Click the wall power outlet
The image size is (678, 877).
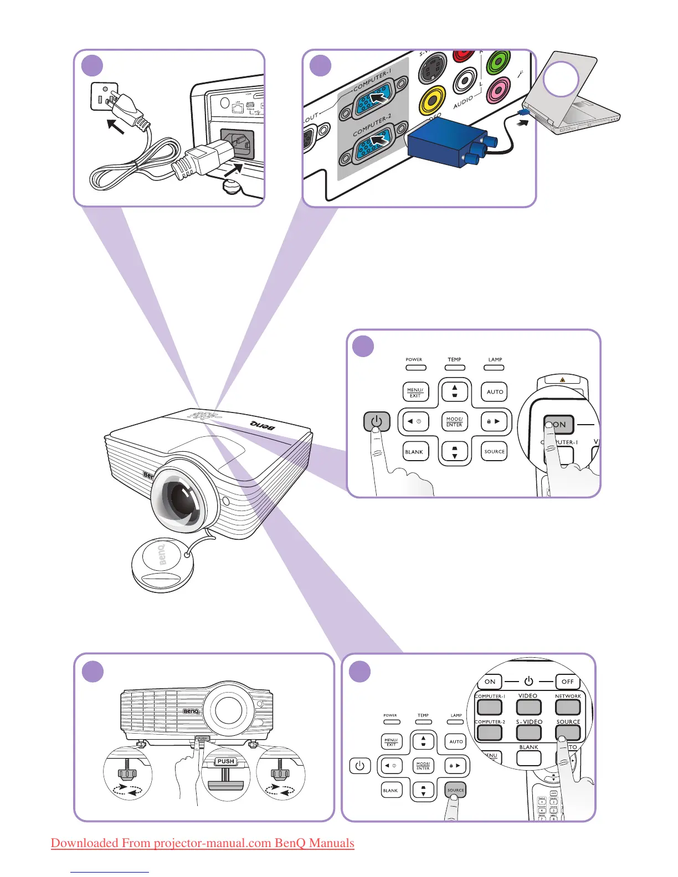click(105, 96)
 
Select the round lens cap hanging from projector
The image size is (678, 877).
click(162, 565)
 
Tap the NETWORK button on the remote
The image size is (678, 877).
click(568, 707)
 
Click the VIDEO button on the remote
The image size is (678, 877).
click(528, 707)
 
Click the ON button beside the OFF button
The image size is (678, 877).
click(490, 682)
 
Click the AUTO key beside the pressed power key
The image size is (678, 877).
click(495, 392)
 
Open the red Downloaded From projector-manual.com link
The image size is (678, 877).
click(202, 843)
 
